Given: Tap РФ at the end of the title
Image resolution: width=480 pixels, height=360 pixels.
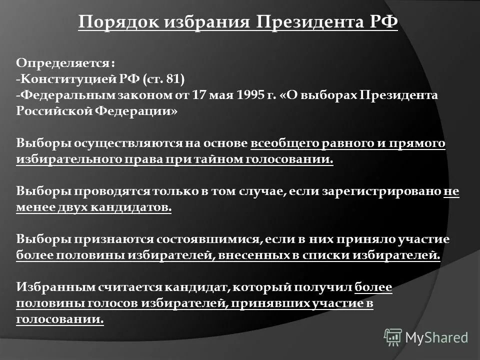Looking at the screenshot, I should point(383,22).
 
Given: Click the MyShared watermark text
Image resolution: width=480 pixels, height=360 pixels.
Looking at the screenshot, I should point(437,337).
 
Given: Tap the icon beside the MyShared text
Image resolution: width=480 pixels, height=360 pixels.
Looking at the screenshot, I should point(393,337).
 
